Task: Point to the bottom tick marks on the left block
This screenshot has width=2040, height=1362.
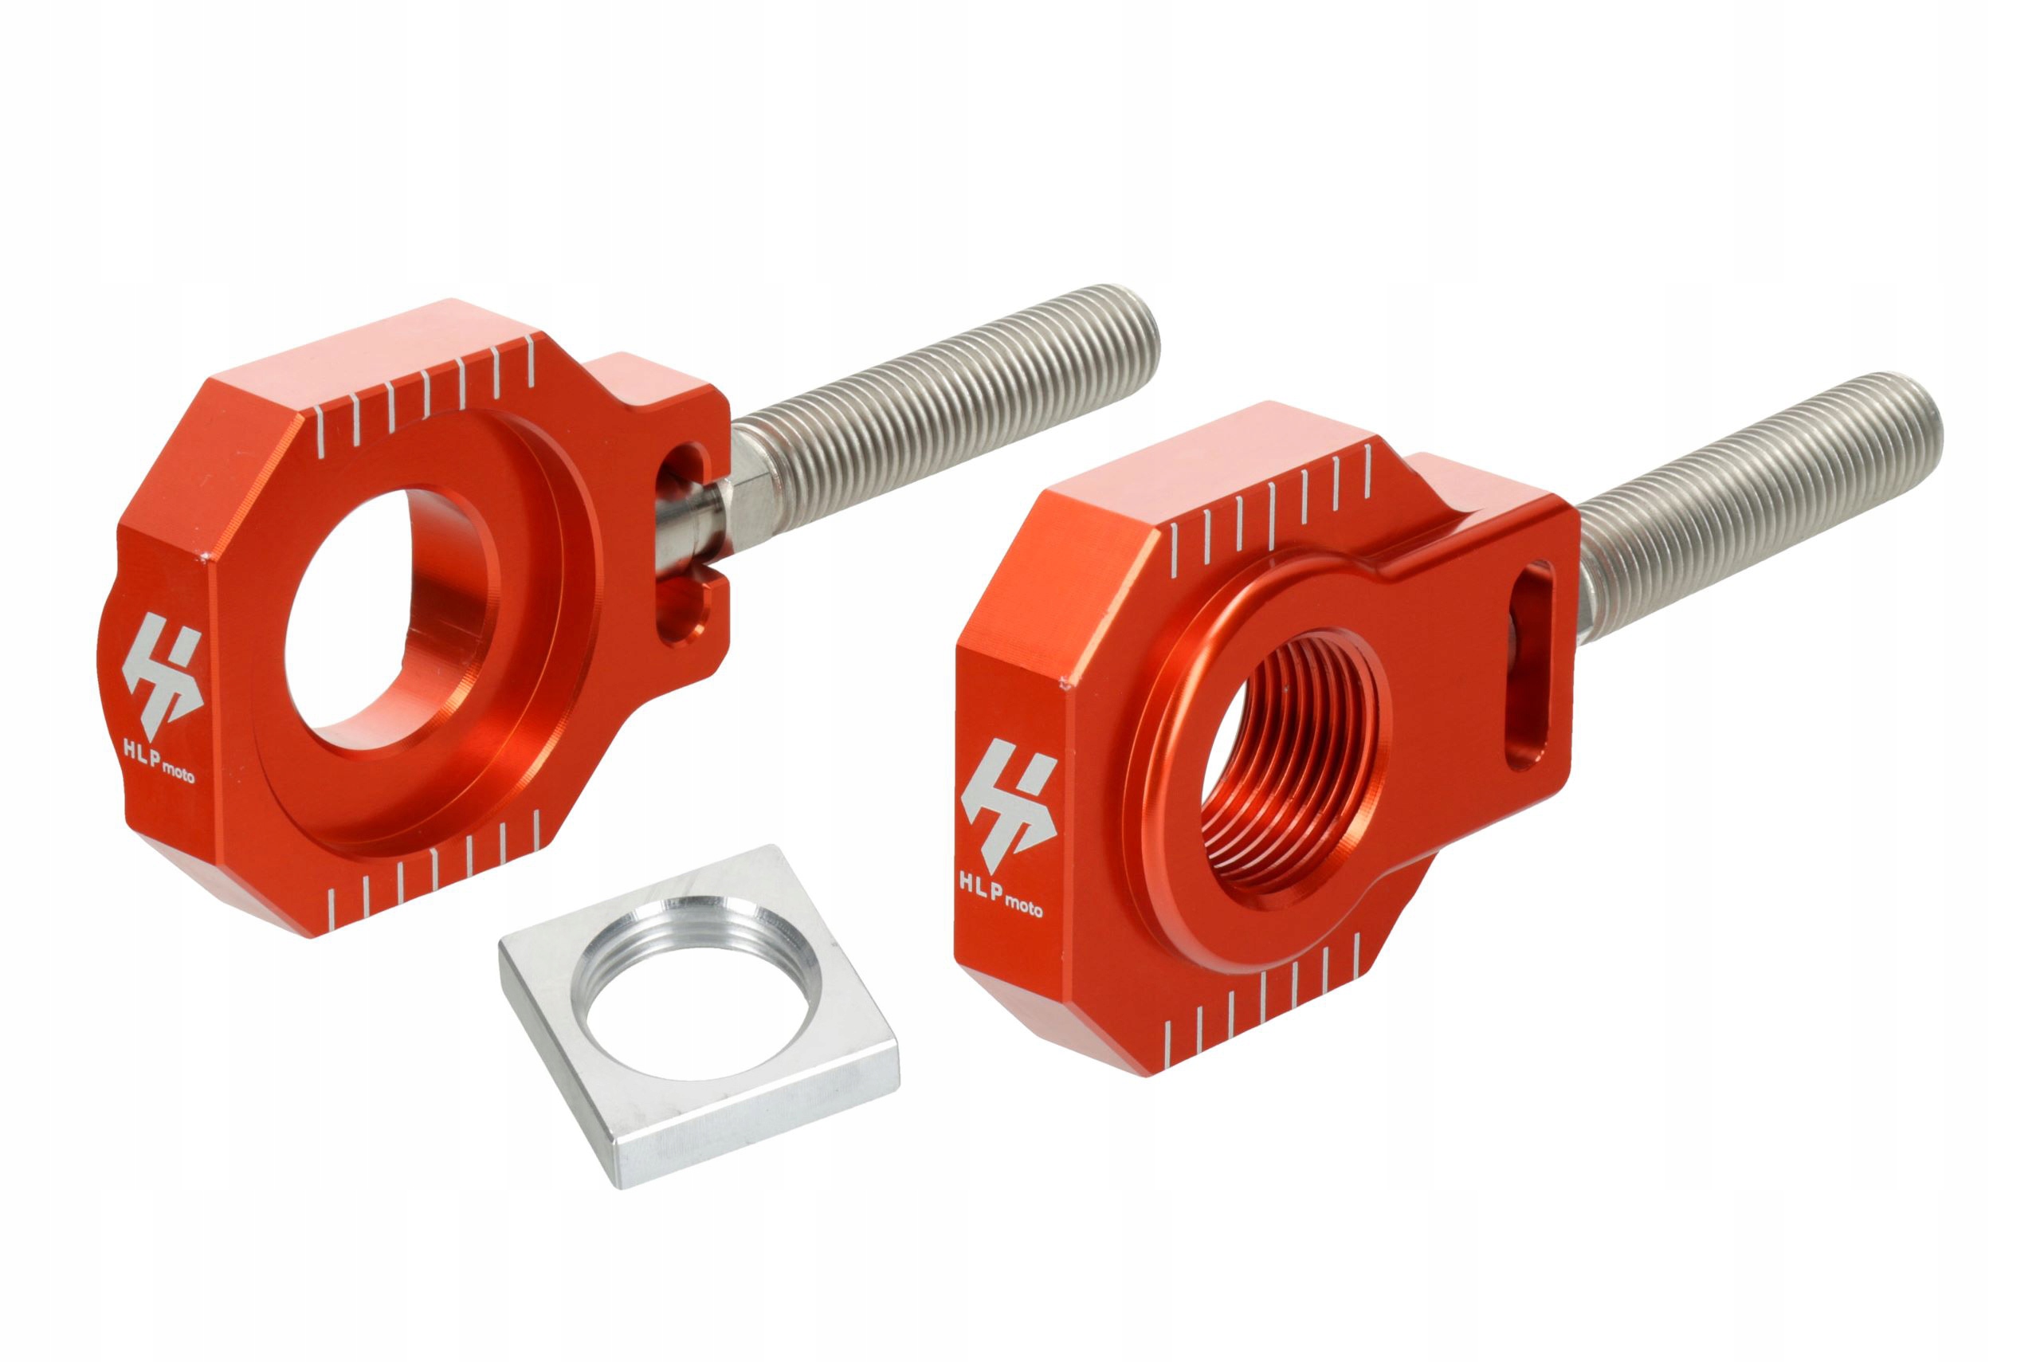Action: [434, 869]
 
